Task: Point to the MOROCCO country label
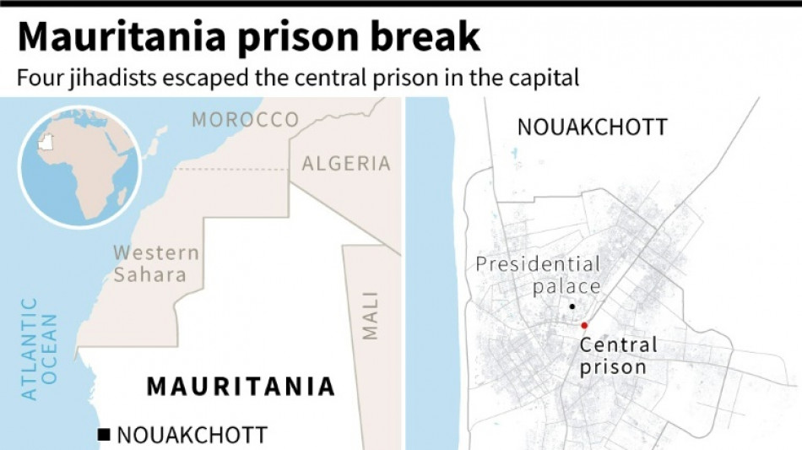coord(245,120)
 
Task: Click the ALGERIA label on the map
coord(346,164)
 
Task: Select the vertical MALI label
coord(371,315)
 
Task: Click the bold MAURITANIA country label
coord(241,387)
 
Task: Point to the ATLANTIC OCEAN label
coord(40,348)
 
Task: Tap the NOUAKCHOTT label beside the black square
coord(192,436)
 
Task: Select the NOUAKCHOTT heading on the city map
coord(592,127)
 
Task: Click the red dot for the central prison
coord(583,325)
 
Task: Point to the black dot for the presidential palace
coord(572,306)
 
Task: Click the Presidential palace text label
coord(539,275)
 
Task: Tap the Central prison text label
coord(618,355)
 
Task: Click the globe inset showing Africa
coord(78,169)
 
